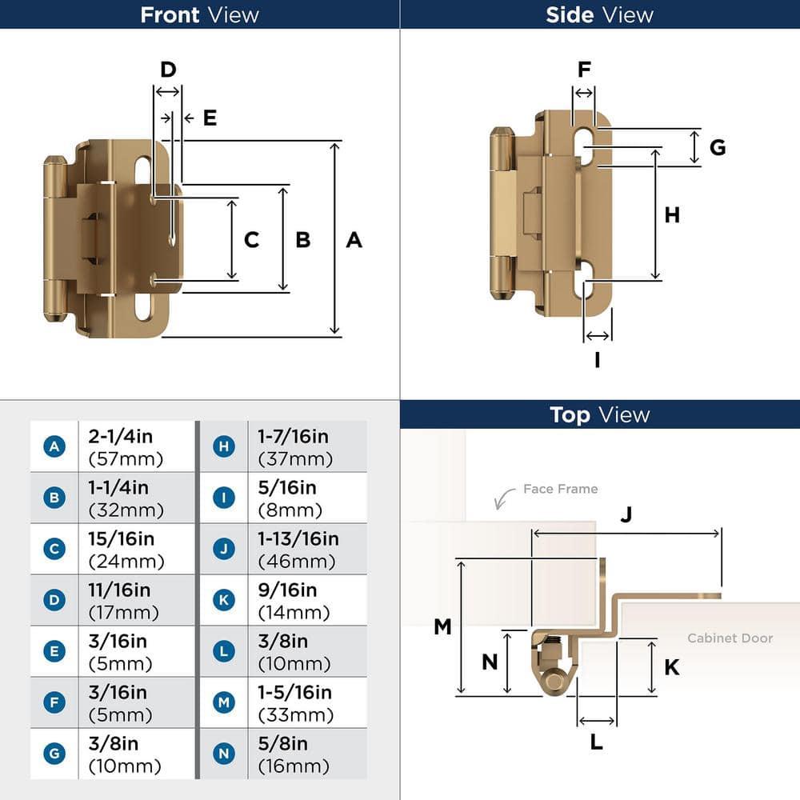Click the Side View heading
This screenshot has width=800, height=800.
[599, 14]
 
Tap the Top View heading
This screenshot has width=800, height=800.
[599, 414]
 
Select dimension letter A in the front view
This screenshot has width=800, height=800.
[354, 239]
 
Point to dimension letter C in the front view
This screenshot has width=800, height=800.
[251, 239]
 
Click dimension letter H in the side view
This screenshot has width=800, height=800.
[672, 214]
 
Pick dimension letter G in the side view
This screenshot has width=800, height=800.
[718, 147]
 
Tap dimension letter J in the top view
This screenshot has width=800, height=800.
[626, 515]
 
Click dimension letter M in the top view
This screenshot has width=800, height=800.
[442, 626]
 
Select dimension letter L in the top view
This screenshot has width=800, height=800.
[596, 742]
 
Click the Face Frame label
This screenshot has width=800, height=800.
[560, 489]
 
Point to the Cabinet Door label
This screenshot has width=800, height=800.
[730, 638]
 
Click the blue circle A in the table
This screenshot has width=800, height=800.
[54, 446]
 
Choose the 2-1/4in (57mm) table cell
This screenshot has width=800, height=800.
[137, 446]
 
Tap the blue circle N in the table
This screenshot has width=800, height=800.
[224, 754]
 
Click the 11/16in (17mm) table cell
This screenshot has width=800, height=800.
[137, 601]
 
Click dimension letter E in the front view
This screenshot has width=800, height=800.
[210, 118]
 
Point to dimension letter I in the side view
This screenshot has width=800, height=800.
[597, 360]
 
